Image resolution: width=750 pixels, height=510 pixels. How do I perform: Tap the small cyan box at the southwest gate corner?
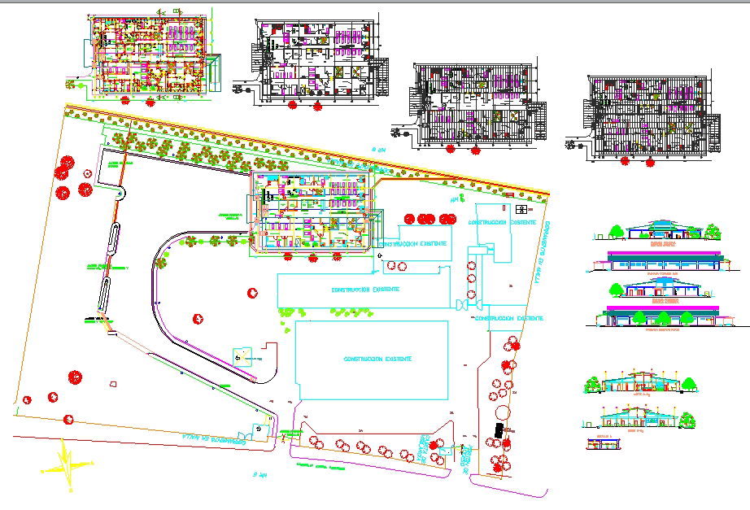pyautogui.click(x=260, y=429)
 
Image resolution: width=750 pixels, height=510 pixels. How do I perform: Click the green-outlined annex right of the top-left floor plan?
pyautogui.click(x=215, y=70)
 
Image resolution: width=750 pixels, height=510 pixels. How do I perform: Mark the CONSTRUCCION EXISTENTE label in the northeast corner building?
pyautogui.click(x=512, y=221)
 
